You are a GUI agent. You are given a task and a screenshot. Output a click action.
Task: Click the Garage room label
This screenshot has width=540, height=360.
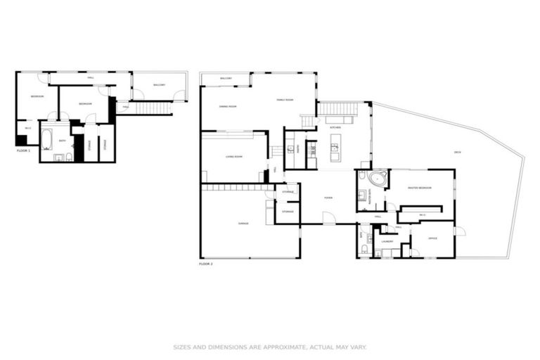pyautogui.click(x=243, y=223)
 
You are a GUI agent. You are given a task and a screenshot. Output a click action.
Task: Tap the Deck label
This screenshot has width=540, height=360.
pyautogui.click(x=457, y=152)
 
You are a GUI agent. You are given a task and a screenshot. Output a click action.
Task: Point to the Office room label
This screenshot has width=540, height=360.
pyautogui.click(x=432, y=238)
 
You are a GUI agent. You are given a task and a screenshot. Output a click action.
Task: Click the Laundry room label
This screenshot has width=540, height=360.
pyautogui.click(x=387, y=241)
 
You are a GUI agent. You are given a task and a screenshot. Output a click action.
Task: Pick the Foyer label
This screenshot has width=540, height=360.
pyautogui.click(x=328, y=198)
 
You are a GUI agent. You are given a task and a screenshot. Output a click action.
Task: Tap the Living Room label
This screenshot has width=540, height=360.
pyautogui.click(x=233, y=156)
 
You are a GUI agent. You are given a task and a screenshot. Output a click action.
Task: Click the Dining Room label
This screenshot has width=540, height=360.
pyautogui.click(x=226, y=106)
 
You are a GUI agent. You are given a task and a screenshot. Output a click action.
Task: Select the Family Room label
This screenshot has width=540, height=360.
pyautogui.click(x=284, y=101)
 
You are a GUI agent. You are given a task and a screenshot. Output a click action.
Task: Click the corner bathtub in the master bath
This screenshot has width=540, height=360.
pyautogui.click(x=378, y=179)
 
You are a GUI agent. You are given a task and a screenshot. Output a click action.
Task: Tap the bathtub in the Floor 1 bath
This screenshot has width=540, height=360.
pyautogui.click(x=46, y=140)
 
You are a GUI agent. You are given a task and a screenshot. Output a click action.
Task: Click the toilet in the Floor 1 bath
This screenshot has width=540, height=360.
pyautogui.click(x=69, y=156)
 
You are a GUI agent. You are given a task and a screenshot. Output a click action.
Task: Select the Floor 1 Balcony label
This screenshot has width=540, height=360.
pyautogui.click(x=159, y=85)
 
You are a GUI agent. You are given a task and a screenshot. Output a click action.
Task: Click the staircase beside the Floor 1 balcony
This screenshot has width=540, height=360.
pyautogui.click(x=153, y=108)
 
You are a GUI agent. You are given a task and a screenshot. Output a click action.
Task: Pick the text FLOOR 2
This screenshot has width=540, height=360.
pyautogui.click(x=206, y=264)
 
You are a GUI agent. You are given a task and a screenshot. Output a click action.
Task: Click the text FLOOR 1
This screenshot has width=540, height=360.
pyautogui.click(x=23, y=150)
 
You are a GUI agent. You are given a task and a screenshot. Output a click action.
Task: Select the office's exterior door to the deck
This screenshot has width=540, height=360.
pyautogui.click(x=459, y=231)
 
